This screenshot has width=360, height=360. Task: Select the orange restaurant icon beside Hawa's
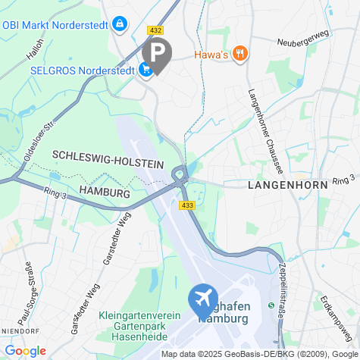tap(239, 53)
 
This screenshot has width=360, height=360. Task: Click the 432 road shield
tap(156, 30)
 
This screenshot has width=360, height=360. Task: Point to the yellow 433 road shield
tap(186, 205)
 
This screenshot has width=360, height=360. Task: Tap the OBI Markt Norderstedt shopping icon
tap(119, 25)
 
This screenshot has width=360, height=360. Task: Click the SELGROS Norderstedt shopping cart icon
tap(145, 69)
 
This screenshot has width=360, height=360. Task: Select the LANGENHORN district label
tap(287, 184)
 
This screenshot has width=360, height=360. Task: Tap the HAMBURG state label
tap(105, 192)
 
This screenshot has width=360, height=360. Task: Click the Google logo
tap(25, 351)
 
